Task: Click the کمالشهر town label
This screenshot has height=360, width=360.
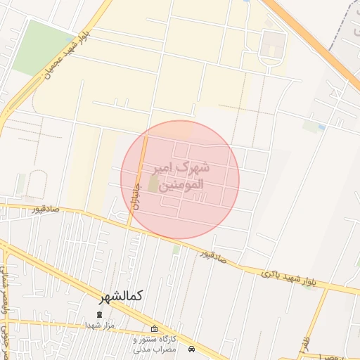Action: click(x=121, y=295)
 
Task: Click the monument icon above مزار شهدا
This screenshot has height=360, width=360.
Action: click(x=99, y=314)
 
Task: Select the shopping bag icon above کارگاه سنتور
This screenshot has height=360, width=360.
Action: click(x=155, y=328)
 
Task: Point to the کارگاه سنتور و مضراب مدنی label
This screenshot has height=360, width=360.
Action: click(x=155, y=344)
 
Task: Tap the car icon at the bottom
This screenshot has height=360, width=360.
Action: click(x=192, y=349)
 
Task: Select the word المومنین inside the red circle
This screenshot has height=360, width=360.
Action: click(x=181, y=186)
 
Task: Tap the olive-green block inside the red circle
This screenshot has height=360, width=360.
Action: click(x=153, y=184)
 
